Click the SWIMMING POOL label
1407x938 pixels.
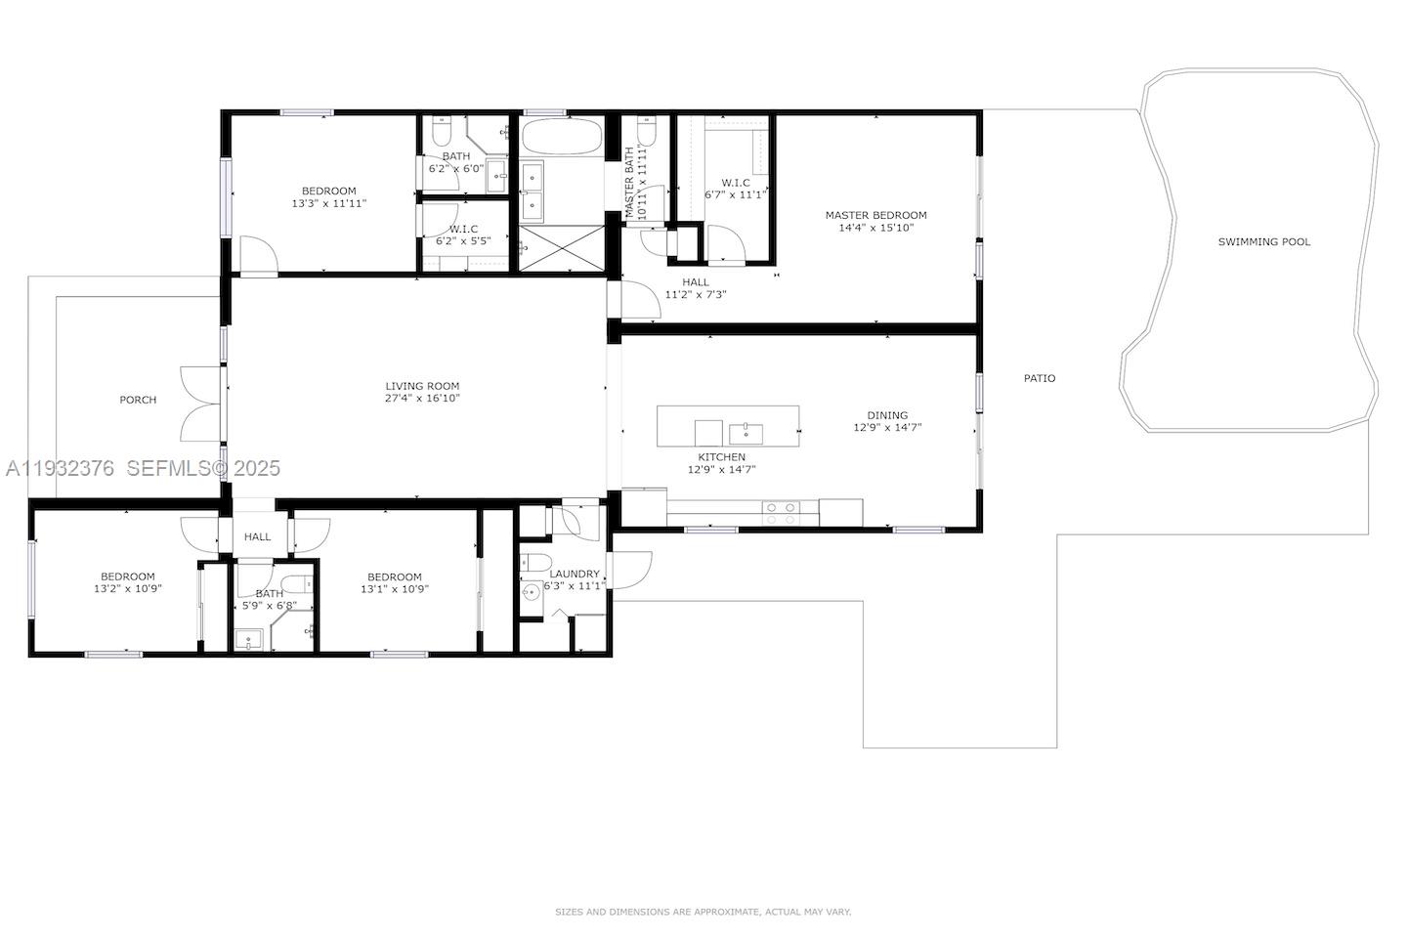click(x=1263, y=242)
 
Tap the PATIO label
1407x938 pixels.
click(x=1039, y=378)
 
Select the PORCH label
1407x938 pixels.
click(x=138, y=400)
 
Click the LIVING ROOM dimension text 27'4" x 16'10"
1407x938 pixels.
click(x=422, y=399)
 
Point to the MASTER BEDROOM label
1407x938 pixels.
click(x=875, y=215)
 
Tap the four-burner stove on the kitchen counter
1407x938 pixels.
click(x=781, y=512)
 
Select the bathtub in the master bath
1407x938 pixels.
click(x=561, y=137)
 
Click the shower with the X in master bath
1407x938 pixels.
click(x=561, y=247)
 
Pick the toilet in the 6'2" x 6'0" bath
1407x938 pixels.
click(x=441, y=130)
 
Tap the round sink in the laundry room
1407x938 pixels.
click(x=531, y=593)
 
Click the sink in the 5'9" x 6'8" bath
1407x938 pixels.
click(x=249, y=641)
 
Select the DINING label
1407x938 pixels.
click(x=886, y=415)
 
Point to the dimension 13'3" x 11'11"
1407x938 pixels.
click(x=328, y=204)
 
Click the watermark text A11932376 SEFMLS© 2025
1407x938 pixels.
click(x=143, y=469)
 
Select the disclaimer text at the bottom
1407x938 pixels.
click(x=703, y=912)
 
